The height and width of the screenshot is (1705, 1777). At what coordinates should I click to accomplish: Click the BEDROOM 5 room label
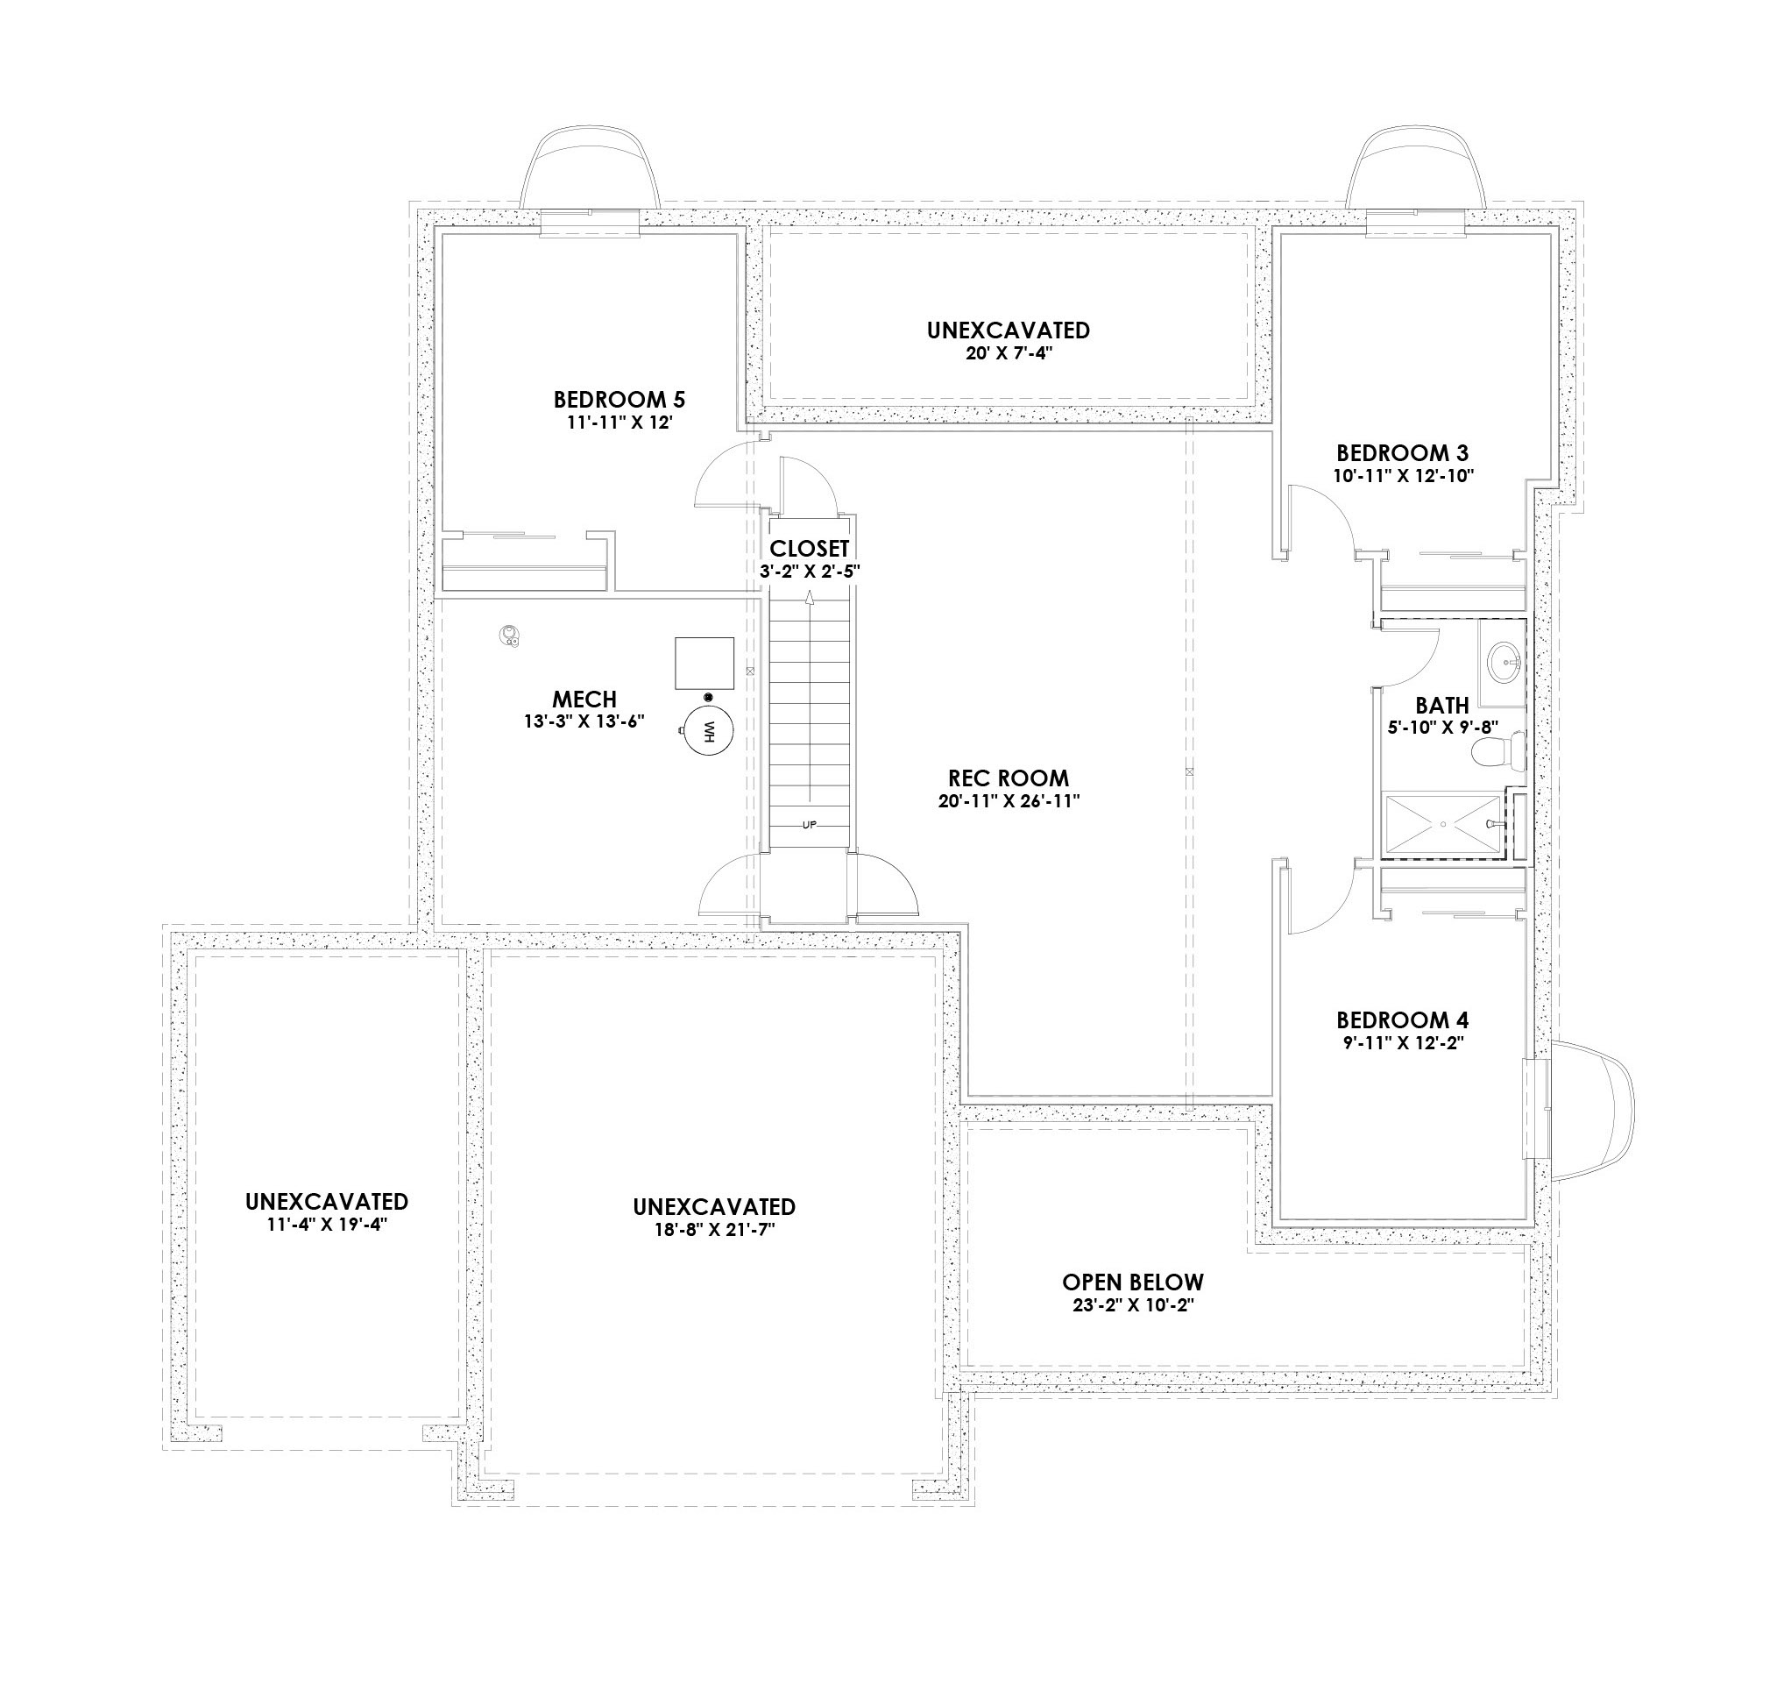(x=619, y=399)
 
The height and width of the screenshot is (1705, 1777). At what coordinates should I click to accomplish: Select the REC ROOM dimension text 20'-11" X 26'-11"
(x=1009, y=802)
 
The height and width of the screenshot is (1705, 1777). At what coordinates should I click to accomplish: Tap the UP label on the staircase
(x=810, y=825)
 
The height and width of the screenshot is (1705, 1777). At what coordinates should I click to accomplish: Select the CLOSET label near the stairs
(x=810, y=549)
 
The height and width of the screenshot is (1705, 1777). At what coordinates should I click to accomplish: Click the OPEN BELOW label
(x=1132, y=1282)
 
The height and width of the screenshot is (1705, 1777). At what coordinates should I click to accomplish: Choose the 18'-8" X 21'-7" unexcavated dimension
(x=713, y=1231)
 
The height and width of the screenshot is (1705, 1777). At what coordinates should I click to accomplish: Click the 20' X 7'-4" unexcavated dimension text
(x=1009, y=353)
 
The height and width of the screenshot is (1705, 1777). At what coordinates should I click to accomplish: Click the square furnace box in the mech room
(x=704, y=663)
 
